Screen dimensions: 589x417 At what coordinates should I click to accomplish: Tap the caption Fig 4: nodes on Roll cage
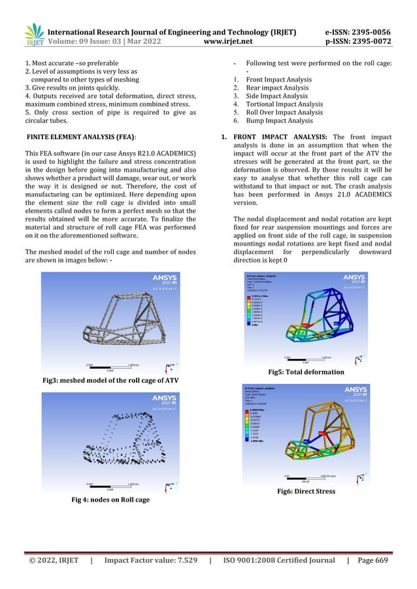click(x=110, y=500)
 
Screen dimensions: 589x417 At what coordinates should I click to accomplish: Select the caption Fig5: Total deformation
click(x=310, y=372)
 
